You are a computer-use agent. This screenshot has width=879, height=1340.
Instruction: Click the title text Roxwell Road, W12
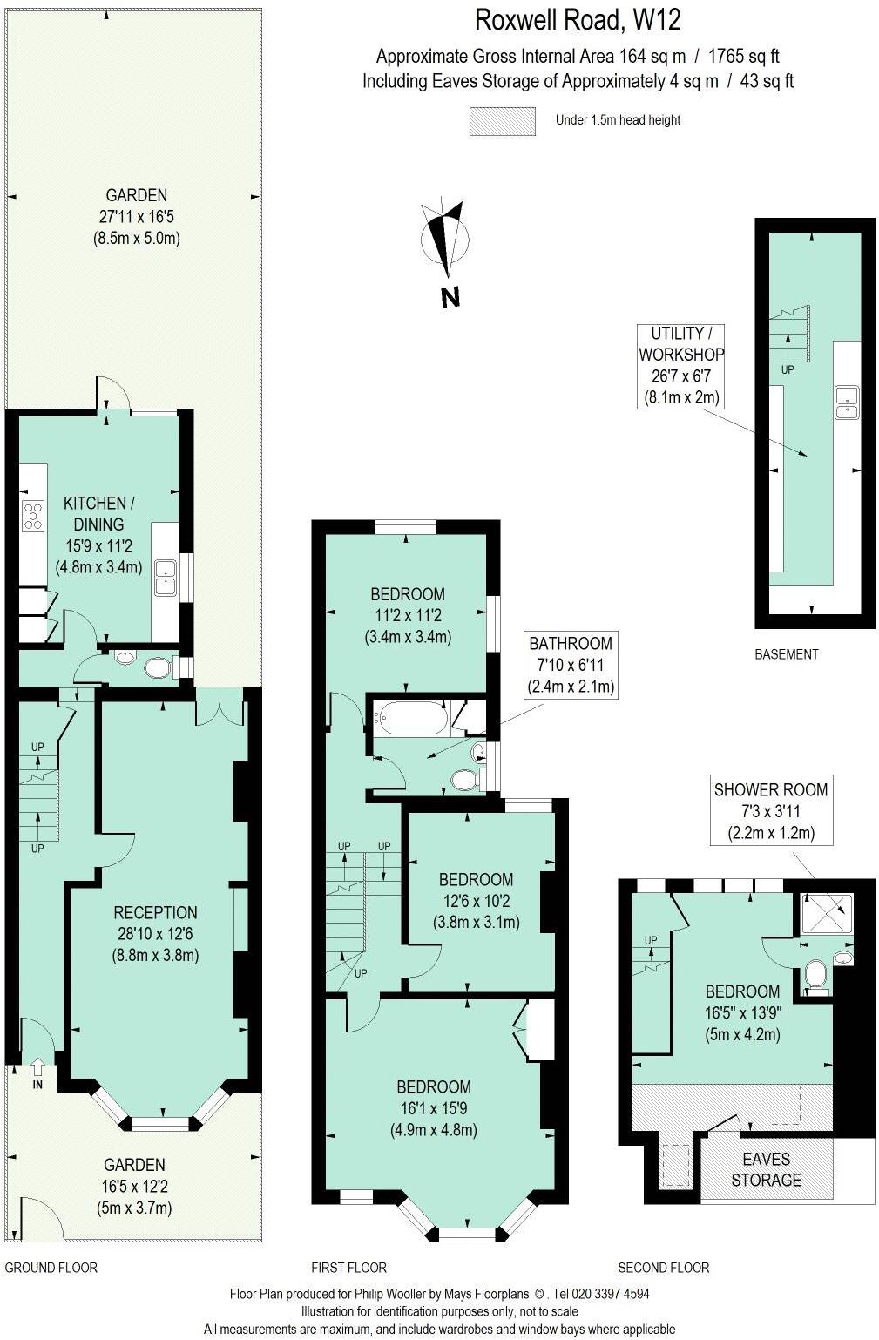577,19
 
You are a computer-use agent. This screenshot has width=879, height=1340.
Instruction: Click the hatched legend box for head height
502,121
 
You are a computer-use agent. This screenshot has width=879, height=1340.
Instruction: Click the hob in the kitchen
33,516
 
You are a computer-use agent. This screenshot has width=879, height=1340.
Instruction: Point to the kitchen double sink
165,577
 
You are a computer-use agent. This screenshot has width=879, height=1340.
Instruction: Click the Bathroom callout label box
571,665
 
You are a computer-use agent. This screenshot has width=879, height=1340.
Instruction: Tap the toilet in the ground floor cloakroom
158,668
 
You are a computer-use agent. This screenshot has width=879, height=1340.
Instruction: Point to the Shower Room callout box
771,810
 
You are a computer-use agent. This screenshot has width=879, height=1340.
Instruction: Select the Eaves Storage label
766,1169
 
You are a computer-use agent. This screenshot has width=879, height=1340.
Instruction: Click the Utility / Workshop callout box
680,365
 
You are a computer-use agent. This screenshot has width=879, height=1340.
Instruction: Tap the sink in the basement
846,402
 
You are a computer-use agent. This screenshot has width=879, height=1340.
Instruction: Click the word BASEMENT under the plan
786,654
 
